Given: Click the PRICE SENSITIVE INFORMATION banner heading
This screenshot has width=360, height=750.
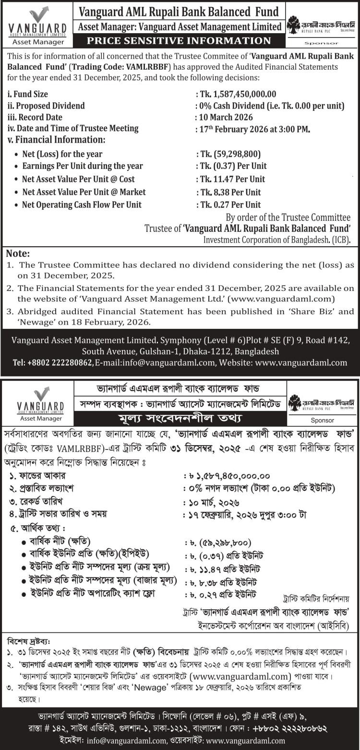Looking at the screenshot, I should point(179,40).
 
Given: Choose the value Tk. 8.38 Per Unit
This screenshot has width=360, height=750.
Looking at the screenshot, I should point(230,192).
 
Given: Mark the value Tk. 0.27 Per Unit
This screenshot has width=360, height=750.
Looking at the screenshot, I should point(230,205).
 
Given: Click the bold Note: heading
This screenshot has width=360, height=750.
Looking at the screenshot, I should point(18,254).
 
